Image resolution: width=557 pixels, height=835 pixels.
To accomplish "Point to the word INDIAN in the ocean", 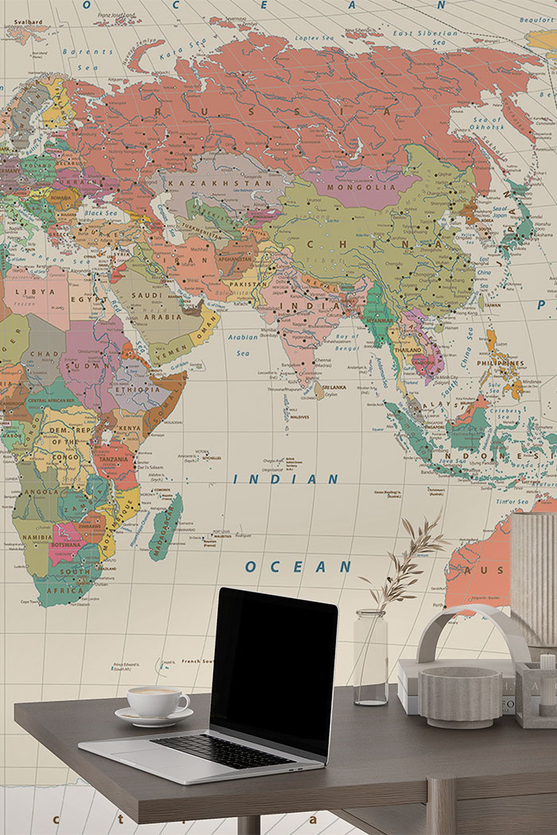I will (x=286, y=479).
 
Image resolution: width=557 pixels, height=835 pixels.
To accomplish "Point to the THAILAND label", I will (x=407, y=350).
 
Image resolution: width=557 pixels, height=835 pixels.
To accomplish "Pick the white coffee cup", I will (x=157, y=701).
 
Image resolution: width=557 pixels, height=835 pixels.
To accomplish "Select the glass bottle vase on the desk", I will (x=371, y=658).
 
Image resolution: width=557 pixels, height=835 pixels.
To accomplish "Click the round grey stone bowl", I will (x=450, y=697).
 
